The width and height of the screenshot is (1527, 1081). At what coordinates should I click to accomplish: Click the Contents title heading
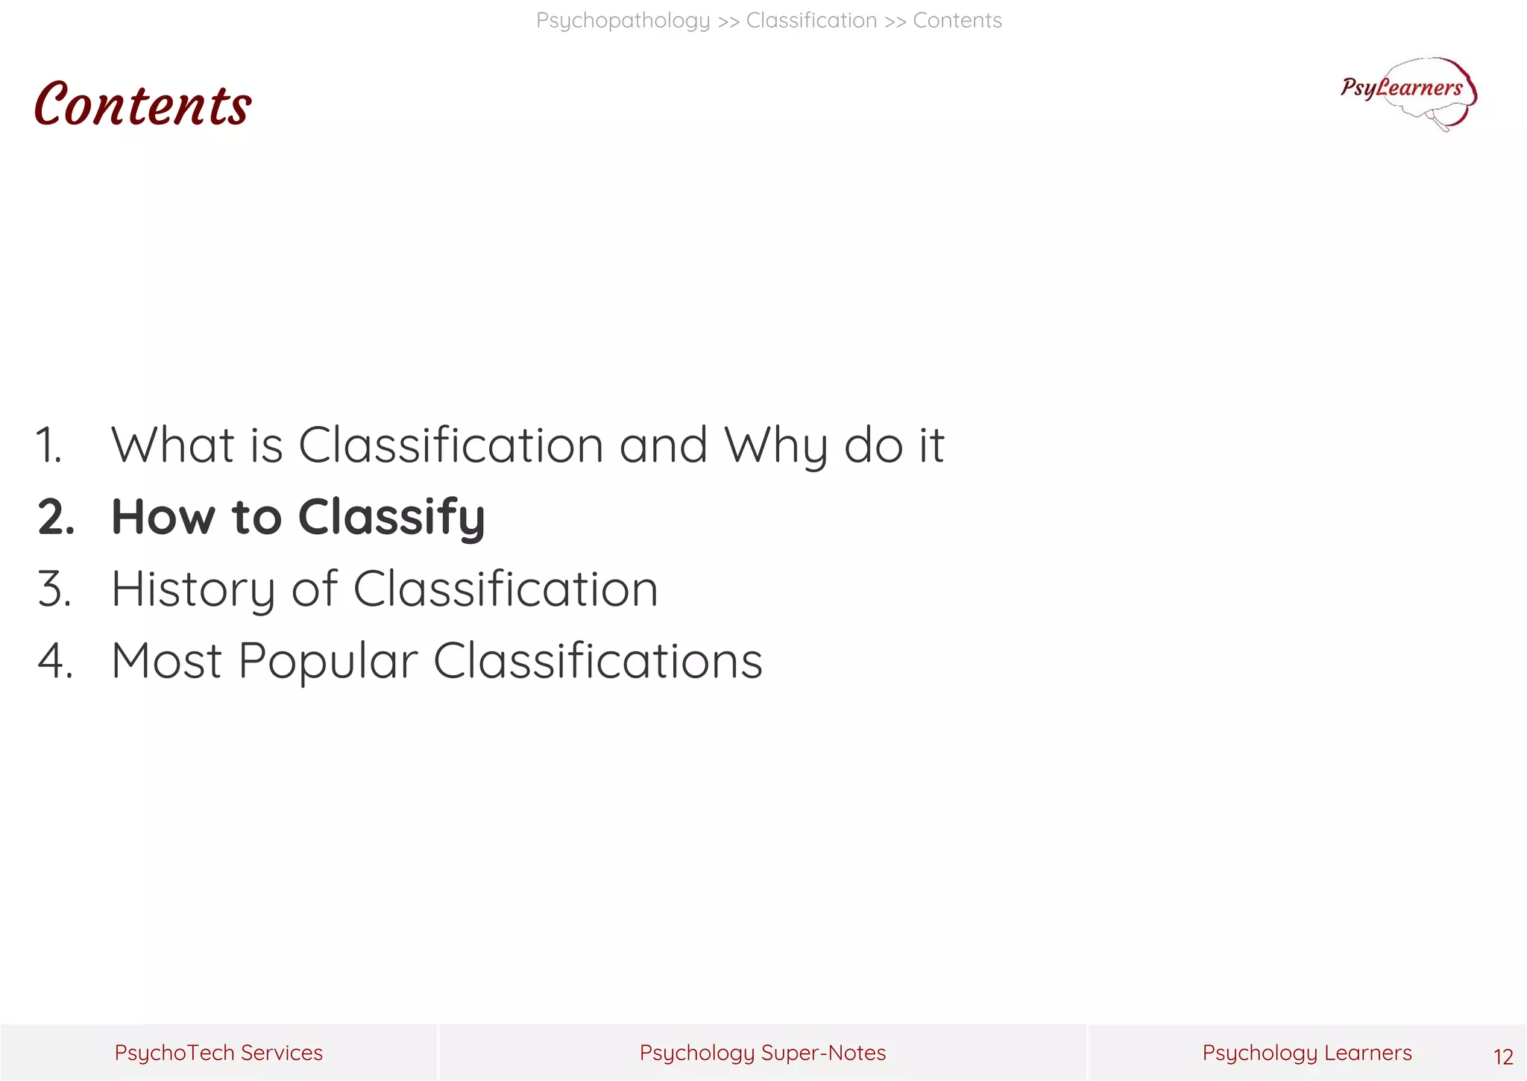(142, 105)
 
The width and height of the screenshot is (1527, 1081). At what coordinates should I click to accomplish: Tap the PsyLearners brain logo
(1408, 93)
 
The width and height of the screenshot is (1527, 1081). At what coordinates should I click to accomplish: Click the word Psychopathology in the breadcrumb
(623, 21)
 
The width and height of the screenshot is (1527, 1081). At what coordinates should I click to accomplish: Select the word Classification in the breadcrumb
(811, 21)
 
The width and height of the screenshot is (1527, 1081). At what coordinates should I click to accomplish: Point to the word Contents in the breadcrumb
(957, 21)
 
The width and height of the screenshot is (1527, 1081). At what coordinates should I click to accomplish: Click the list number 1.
(49, 445)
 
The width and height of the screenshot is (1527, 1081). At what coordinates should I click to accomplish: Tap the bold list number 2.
(56, 517)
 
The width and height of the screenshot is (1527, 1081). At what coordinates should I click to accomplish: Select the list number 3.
(54, 589)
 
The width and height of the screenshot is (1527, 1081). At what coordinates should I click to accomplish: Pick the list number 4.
(55, 661)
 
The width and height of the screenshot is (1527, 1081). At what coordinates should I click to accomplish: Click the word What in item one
(173, 445)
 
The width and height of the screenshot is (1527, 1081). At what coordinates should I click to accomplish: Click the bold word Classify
(391, 517)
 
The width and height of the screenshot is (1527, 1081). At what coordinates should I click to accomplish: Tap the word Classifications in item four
(598, 661)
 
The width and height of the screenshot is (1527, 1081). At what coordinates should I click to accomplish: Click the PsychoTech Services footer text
(218, 1053)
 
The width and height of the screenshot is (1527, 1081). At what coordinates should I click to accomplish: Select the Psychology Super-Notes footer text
(762, 1053)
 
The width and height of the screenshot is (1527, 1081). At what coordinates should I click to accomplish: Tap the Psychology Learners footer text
(1306, 1053)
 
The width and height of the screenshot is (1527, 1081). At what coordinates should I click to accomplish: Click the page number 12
(1502, 1056)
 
